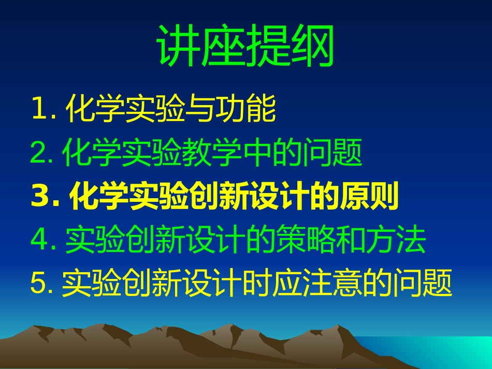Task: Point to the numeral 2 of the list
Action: point(38,152)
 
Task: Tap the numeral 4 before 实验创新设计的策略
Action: point(39,240)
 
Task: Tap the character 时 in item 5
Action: point(253,284)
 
